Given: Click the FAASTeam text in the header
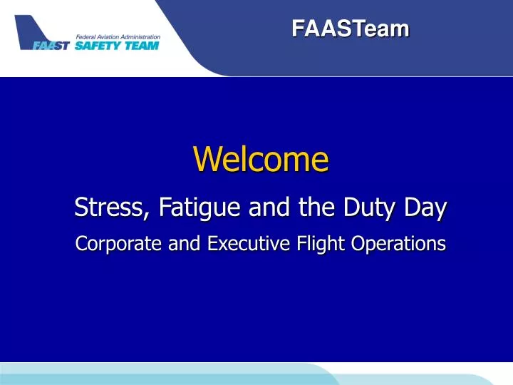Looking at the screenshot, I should pos(350,29).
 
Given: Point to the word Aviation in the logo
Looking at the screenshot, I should pos(114,36).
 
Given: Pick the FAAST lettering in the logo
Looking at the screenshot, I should pos(51,46).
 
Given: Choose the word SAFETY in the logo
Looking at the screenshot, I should pos(100,46).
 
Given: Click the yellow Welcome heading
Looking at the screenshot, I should pos(261,160).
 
